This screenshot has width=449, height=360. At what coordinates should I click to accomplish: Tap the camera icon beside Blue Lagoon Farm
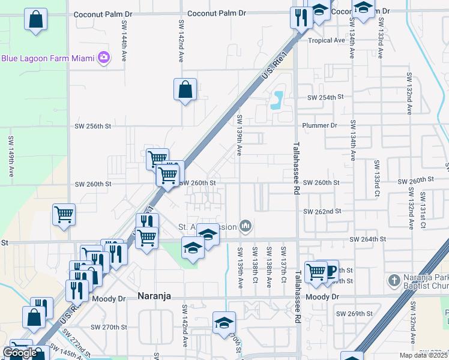click(x=104, y=58)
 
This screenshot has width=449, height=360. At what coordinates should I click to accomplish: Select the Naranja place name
click(x=155, y=296)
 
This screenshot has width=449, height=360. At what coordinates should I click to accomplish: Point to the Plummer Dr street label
click(x=321, y=126)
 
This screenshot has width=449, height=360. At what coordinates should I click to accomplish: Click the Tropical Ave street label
click(x=327, y=41)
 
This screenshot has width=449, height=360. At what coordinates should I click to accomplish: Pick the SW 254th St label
click(x=325, y=97)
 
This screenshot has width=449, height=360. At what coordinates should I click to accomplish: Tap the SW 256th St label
click(x=93, y=127)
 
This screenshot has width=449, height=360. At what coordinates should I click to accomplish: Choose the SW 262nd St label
click(x=322, y=212)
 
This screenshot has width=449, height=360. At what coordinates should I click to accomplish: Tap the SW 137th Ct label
click(x=283, y=261)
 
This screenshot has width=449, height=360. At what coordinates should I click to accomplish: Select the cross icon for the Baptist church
click(x=393, y=280)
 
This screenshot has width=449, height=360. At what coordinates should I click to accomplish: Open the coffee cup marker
click(x=328, y=270)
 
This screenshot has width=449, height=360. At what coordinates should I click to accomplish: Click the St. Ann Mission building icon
click(x=245, y=226)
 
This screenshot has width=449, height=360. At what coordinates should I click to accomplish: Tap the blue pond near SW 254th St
click(x=277, y=100)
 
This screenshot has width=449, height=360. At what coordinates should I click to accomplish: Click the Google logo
click(x=20, y=353)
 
